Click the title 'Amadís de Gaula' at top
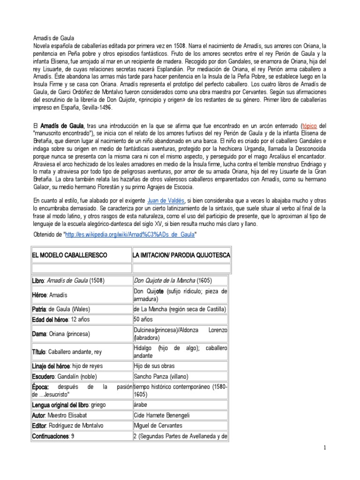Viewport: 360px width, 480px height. (53, 37)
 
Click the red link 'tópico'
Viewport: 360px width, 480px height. (310, 126)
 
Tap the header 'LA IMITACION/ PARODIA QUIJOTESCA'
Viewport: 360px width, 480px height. (182, 255)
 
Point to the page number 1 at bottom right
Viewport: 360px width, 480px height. (324, 449)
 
